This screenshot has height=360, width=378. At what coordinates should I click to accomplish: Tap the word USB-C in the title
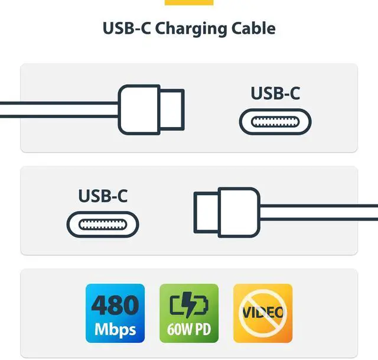[126, 28]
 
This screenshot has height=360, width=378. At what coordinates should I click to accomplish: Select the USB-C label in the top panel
[275, 93]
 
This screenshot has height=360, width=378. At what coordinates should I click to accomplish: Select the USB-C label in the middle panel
[103, 196]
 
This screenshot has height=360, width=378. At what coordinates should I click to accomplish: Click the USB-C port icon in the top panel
[275, 122]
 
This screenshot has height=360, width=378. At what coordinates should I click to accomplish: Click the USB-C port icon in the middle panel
[103, 225]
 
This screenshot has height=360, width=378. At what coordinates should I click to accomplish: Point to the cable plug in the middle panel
[227, 211]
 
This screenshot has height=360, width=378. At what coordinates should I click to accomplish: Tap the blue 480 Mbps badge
[115, 313]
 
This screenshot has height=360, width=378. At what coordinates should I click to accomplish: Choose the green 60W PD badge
[189, 313]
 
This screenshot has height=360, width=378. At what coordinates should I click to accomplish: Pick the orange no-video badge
[263, 313]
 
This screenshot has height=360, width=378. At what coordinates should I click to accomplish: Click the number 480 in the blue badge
[115, 305]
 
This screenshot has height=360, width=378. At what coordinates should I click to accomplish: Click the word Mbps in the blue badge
[115, 329]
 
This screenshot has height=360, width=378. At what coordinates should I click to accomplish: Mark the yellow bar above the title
[189, 2]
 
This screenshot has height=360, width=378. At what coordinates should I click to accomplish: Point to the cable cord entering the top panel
[59, 109]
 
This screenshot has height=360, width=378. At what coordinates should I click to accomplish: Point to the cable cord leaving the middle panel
[319, 212]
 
